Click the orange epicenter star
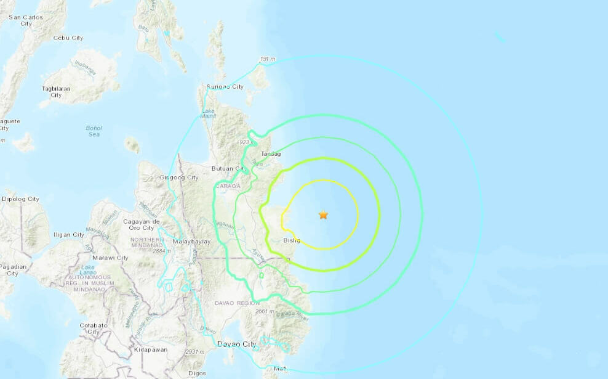point(323,215)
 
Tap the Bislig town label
point(292,240)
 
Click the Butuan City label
point(227,168)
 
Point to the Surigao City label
point(225,87)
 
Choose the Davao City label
point(236,344)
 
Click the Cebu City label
point(68,38)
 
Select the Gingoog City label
point(179,177)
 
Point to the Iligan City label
point(69,235)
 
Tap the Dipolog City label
point(21,199)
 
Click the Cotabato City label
point(94,328)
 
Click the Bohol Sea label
point(94,131)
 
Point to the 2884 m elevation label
point(162,251)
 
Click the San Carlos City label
point(25,20)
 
